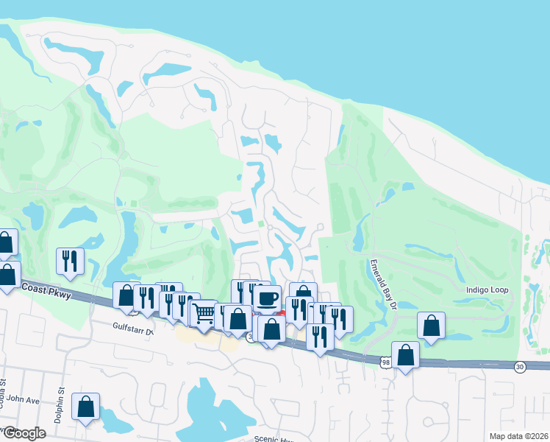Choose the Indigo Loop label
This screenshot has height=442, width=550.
(x=487, y=290)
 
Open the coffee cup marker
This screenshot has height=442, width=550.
(x=267, y=298)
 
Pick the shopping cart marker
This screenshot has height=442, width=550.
(x=204, y=314)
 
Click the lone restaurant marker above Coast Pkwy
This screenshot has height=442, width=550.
(x=71, y=260)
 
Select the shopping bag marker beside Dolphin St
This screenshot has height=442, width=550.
(x=86, y=406)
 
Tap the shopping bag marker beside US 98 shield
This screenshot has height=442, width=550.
(x=405, y=354)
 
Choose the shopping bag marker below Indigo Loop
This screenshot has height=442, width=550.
(x=431, y=325)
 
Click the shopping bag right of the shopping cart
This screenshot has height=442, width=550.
(x=238, y=318)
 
